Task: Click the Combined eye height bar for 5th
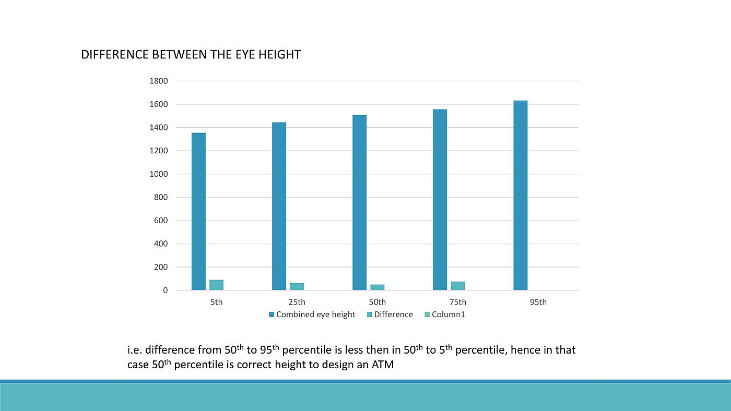198,211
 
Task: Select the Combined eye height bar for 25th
279,206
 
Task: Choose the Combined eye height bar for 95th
520,195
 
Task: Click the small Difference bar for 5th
216,285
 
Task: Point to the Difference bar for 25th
297,286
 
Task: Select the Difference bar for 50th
377,287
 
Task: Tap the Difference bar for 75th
457,285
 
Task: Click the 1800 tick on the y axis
159,81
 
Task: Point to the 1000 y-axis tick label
159,174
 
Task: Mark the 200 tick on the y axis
161,267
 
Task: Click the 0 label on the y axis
166,291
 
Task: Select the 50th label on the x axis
377,302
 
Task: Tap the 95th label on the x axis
538,302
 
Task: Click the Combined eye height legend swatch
272,315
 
